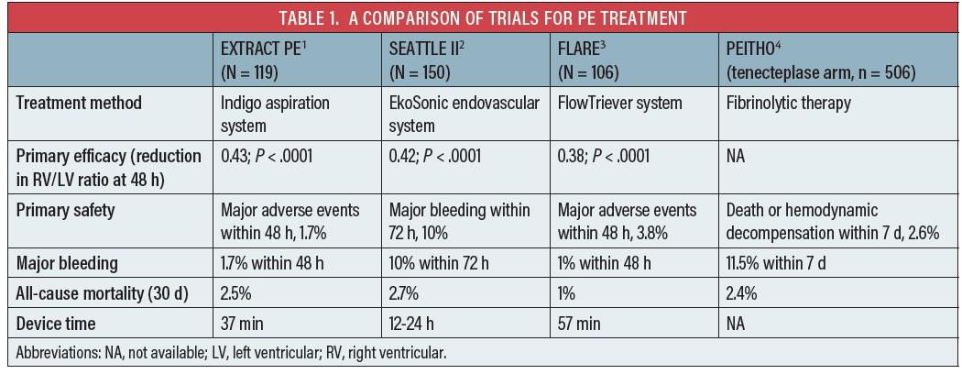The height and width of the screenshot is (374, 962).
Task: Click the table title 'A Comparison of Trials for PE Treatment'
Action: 480,16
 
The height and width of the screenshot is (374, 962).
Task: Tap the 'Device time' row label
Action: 56,323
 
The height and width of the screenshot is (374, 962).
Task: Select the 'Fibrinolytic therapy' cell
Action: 788,104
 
